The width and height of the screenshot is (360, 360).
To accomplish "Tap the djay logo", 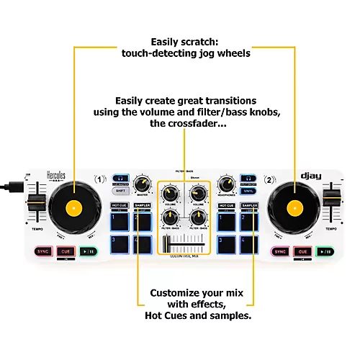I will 311,175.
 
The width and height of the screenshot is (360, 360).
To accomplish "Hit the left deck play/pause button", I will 87,251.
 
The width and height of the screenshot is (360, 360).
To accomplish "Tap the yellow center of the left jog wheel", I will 70,208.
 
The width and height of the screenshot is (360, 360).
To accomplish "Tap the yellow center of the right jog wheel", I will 292,208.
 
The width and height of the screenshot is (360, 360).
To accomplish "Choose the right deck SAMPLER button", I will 249,206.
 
